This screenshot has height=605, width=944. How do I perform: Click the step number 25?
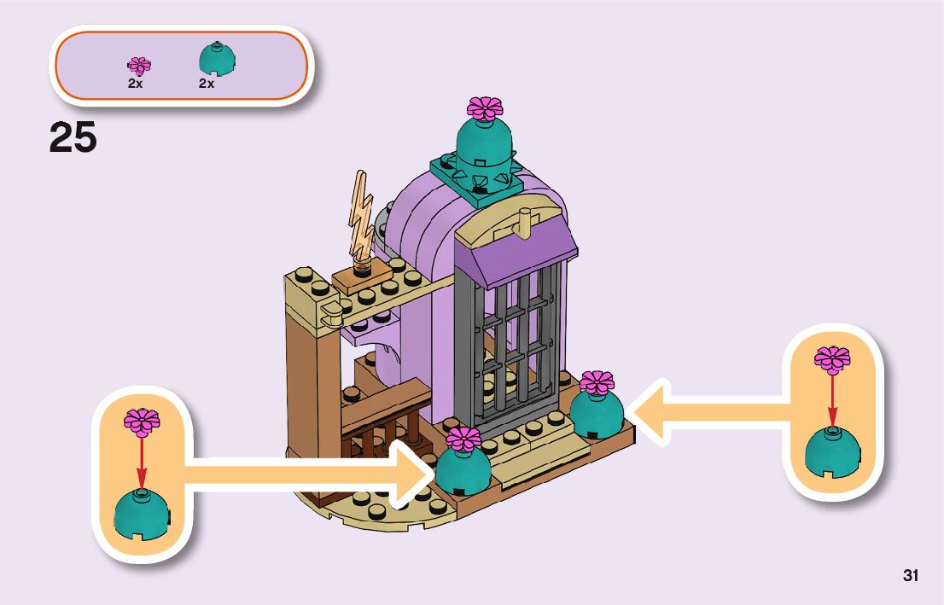pos(73,137)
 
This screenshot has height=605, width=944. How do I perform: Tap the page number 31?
pos(910,575)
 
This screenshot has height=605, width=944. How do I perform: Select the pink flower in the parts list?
pos(139,66)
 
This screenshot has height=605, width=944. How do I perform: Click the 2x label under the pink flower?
pos(136,84)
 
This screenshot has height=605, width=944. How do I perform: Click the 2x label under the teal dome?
pos(207,84)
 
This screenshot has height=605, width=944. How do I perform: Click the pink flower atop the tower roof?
pos(485,108)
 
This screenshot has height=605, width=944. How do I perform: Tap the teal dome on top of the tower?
pos(485,143)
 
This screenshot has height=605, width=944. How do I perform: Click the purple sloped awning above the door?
pos(519,247)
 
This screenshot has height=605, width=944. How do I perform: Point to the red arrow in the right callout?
pos(832,401)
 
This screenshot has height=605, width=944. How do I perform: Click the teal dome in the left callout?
pos(142,514)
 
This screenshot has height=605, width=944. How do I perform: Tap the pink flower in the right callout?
pos(832,360)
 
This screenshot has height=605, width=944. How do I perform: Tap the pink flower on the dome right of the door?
pos(597,383)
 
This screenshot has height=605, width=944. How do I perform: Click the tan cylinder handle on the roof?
pos(525,224)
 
